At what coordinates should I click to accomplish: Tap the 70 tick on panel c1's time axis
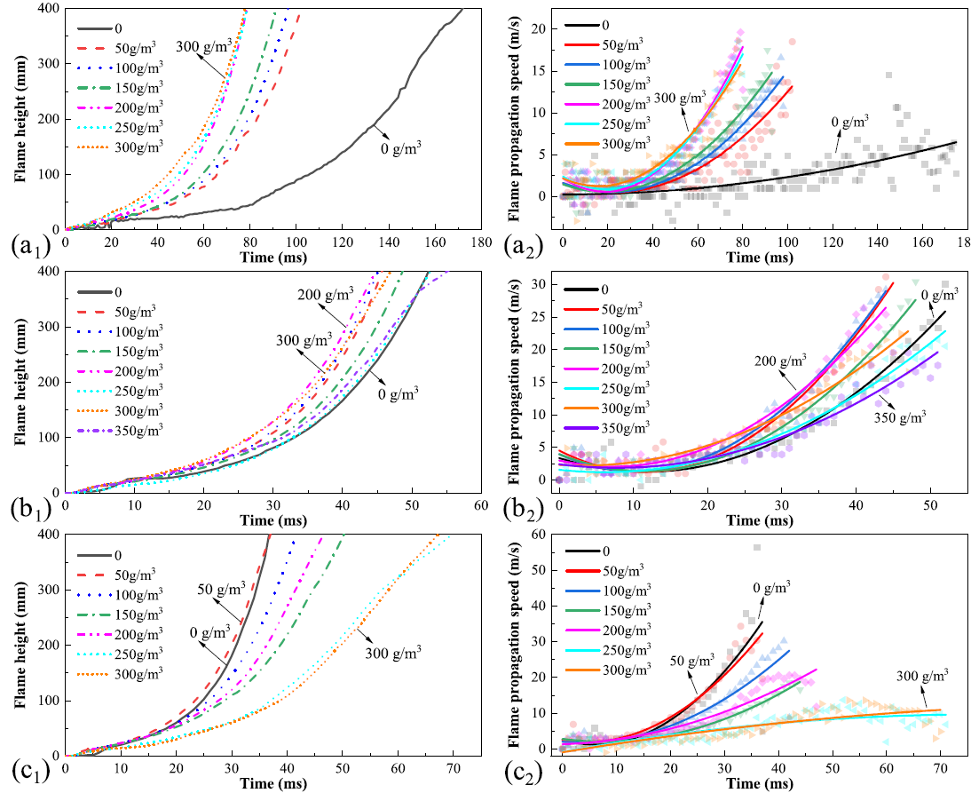tap(453, 765)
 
